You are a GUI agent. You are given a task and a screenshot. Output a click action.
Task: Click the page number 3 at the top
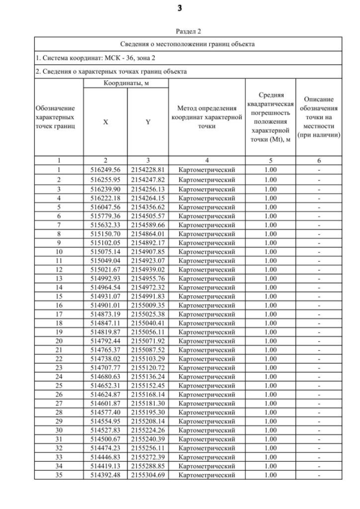pos(180,8)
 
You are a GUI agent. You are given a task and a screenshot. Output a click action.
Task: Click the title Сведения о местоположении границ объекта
pos(188,44)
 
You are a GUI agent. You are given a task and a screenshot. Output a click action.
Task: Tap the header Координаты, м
pos(126,83)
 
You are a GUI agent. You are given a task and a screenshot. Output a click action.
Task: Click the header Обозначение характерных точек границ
pos(58,116)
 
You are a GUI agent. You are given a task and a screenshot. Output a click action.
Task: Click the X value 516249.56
pos(105,169)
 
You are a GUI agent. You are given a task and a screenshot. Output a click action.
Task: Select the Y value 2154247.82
pos(147,179)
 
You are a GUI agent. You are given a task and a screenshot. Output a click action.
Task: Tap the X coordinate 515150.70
pos(105,233)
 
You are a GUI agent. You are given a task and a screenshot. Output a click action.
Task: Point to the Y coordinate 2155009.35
pos(147,305)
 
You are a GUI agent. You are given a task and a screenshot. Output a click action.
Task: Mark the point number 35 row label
pos(58,475)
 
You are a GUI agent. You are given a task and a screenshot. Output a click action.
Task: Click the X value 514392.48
pos(105,475)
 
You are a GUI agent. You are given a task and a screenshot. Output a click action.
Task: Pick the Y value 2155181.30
pos(147,403)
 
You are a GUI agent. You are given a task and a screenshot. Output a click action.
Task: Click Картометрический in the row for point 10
pos(206,251)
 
